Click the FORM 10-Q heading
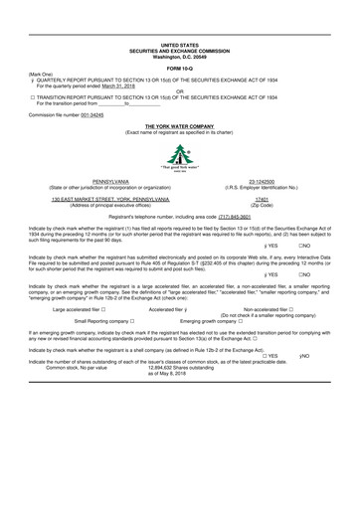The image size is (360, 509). click(179, 67)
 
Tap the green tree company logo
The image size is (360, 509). click(179, 155)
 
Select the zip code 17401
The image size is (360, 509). click(263, 199)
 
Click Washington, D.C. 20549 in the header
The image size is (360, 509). click(179, 56)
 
